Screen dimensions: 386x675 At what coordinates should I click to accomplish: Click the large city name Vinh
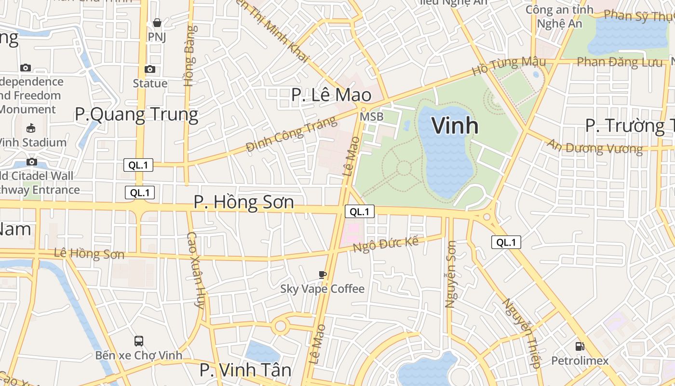[x=455, y=125]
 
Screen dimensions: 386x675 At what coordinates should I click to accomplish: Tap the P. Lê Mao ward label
[x=331, y=95]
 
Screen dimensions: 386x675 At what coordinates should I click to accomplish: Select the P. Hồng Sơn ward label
[x=243, y=202]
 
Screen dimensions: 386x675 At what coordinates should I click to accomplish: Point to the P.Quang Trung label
[x=136, y=115]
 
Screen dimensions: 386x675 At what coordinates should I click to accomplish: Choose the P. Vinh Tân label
[x=245, y=370]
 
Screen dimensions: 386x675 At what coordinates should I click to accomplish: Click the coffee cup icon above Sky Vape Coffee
[x=323, y=275]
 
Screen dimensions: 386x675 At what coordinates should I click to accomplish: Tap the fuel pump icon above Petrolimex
[x=580, y=346]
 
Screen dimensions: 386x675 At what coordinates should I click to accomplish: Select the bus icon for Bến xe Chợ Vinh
[x=139, y=341]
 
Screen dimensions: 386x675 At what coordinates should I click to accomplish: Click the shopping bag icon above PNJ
[x=157, y=23]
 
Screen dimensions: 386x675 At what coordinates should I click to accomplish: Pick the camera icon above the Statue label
[x=150, y=69]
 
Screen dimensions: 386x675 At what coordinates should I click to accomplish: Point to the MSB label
[x=372, y=117]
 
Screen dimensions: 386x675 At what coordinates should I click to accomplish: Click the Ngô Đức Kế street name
[x=386, y=244]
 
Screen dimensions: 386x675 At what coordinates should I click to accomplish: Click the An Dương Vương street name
[x=594, y=147]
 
